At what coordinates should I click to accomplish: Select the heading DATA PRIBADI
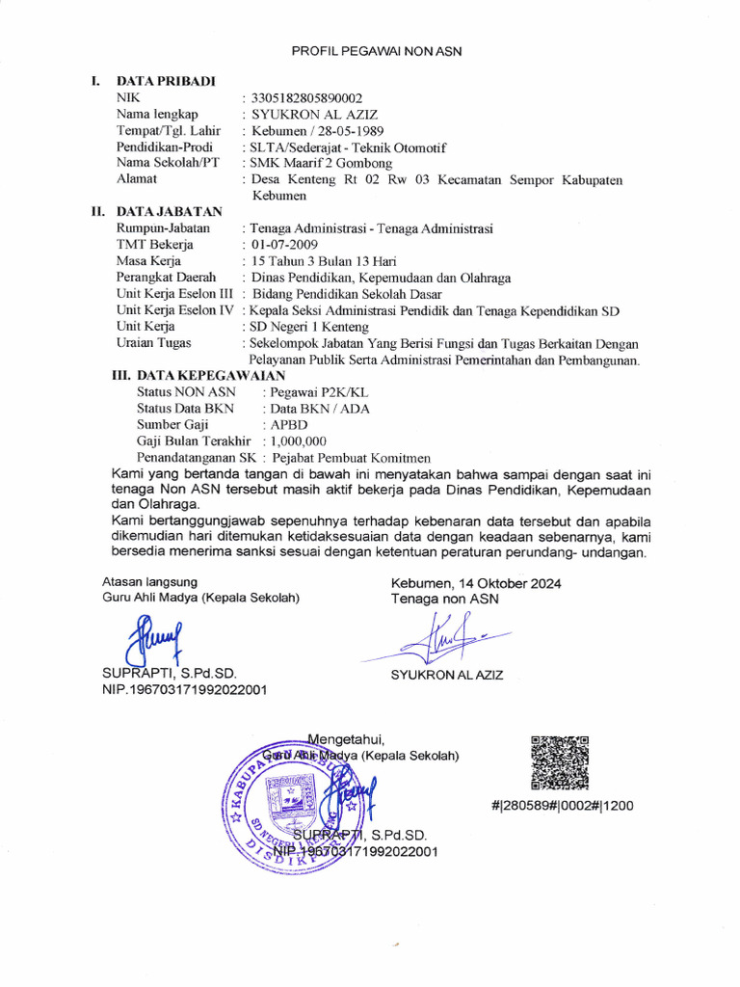[166, 81]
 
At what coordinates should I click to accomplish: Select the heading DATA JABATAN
[169, 211]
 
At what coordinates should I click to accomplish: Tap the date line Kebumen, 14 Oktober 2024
[476, 583]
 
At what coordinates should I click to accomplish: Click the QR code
[560, 761]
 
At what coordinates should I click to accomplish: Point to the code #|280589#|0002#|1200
[561, 805]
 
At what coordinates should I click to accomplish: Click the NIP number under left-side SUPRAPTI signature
[185, 689]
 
